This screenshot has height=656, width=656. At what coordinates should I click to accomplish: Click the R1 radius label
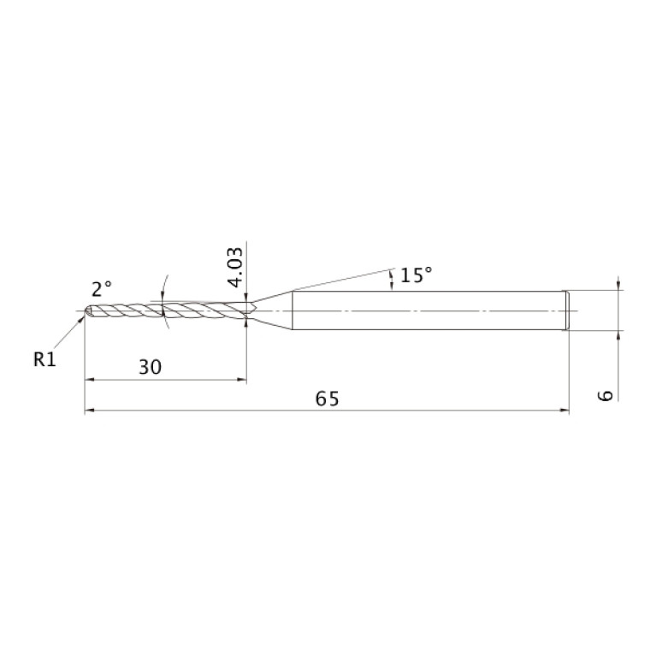44,359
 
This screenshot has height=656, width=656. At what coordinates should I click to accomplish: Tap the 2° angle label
102,289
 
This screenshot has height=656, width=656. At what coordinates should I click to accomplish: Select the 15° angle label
416,275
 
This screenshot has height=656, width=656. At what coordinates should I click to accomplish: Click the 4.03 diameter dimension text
235,268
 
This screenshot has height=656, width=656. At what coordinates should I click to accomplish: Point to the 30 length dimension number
150,367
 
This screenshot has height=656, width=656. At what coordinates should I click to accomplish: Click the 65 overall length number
328,399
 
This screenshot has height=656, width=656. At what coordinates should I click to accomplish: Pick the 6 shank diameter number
605,395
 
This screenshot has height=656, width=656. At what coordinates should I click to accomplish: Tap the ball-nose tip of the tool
88,310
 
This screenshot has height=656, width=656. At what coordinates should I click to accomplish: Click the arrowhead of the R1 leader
81,320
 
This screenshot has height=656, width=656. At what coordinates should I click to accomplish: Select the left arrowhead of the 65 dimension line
89,411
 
